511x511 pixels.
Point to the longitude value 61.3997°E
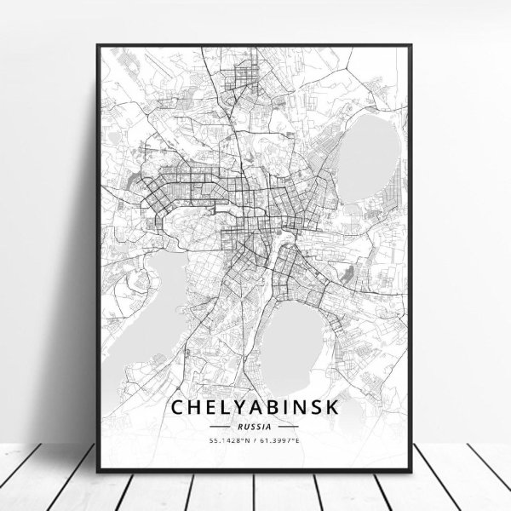click(x=280, y=439)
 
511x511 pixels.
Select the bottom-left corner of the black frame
click(x=95, y=466)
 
